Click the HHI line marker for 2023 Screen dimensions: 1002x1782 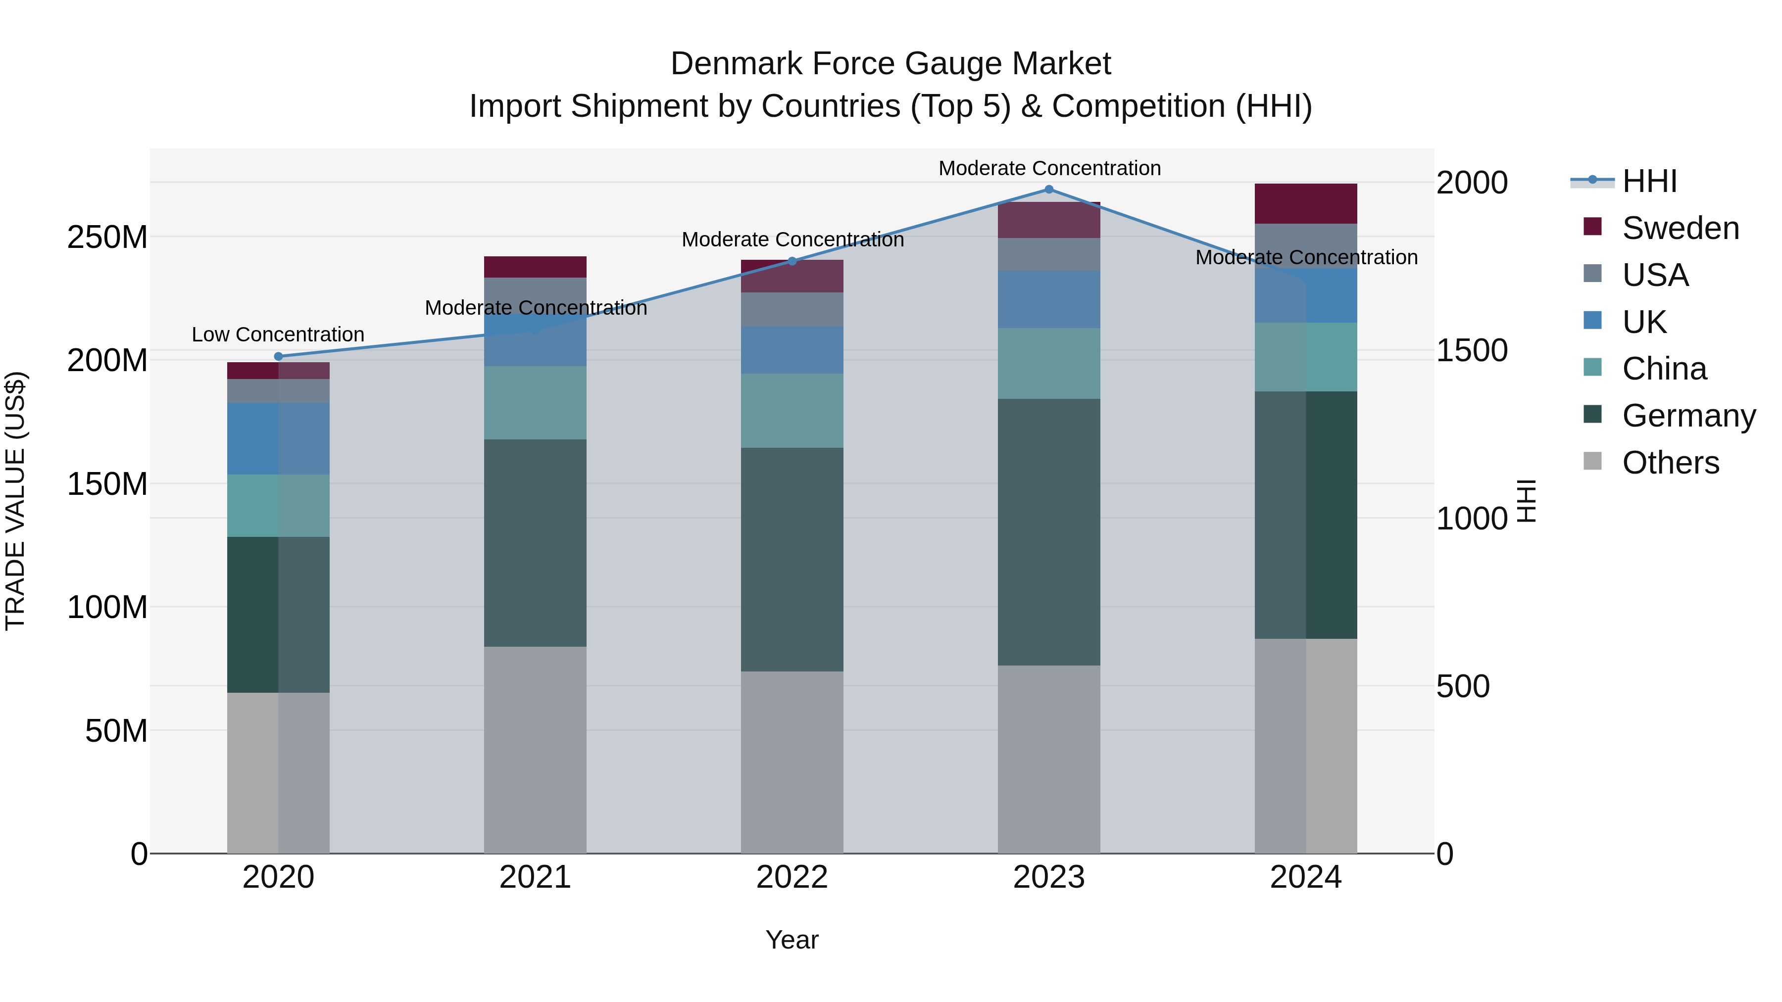click(1049, 190)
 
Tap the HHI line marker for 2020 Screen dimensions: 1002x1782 click(279, 357)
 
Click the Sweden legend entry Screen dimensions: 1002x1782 click(1680, 228)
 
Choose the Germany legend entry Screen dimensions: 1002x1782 click(1688, 416)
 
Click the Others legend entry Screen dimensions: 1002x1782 click(1670, 463)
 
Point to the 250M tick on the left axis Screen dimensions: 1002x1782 click(107, 237)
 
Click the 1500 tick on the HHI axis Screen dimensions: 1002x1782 click(1472, 351)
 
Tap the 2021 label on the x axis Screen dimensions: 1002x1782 click(535, 877)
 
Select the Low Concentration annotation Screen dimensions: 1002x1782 click(278, 334)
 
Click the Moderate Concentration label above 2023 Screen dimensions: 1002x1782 click(1049, 168)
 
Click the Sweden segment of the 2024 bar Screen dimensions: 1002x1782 click(1305, 203)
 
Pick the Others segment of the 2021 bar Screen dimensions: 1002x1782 click(535, 750)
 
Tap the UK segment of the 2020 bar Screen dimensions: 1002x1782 click(278, 438)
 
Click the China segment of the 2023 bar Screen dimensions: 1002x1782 click(1049, 363)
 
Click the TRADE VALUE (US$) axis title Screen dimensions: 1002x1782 click(15, 501)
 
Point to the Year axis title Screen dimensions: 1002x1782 click(792, 940)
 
